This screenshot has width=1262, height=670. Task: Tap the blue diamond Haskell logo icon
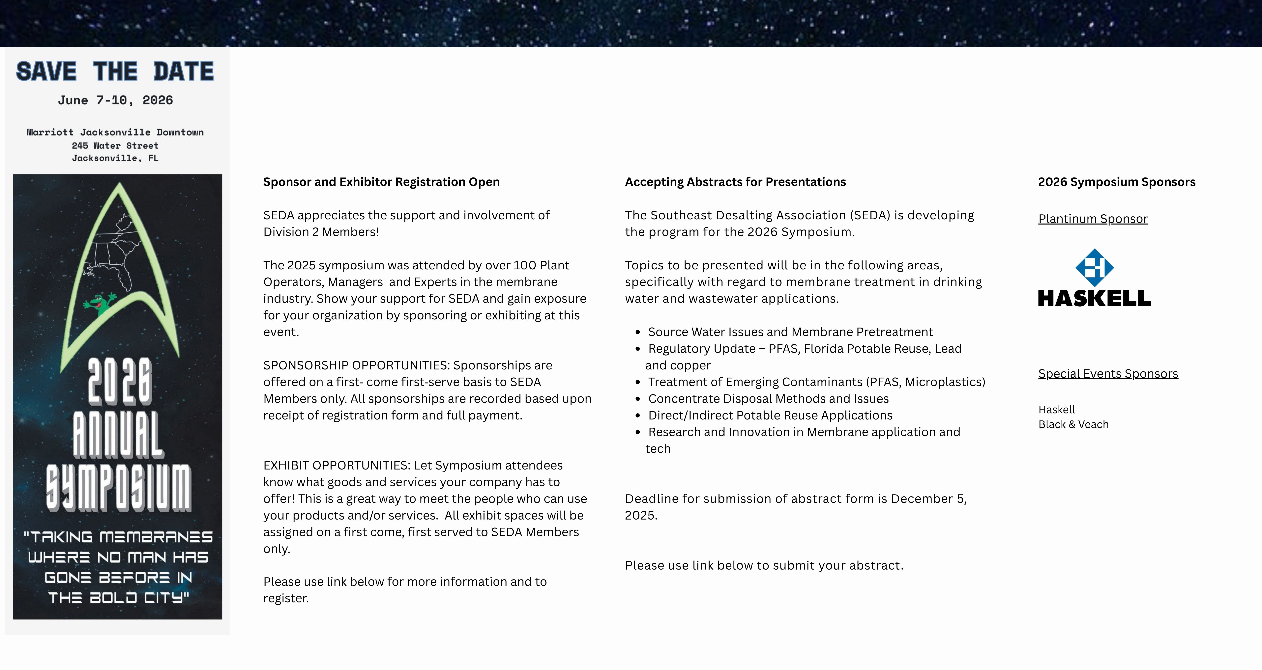point(1095,267)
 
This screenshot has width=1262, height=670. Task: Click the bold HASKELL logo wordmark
point(1095,298)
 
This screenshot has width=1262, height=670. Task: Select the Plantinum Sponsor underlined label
point(1093,219)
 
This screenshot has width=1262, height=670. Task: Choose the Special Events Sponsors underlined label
point(1108,374)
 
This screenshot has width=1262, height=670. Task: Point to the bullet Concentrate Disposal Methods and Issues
point(768,399)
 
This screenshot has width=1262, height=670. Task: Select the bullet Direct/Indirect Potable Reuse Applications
point(770,415)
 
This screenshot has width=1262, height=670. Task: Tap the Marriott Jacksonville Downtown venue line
point(115,132)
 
